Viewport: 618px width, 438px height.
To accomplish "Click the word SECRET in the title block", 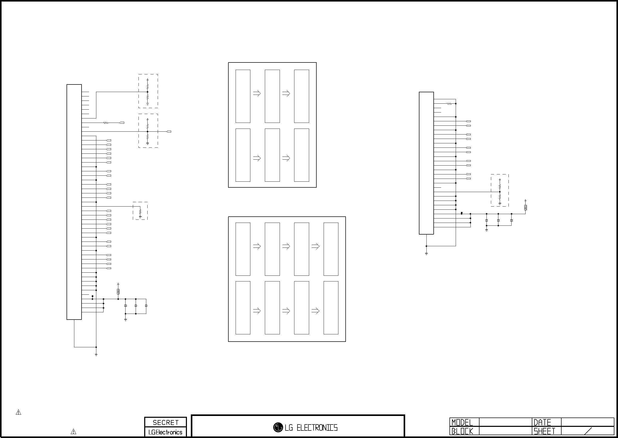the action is coord(165,422).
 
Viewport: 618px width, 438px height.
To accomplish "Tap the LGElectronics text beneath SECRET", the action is coord(165,432).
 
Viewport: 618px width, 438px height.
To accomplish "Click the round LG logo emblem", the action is coord(278,427).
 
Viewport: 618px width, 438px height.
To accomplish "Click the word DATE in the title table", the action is coord(542,422).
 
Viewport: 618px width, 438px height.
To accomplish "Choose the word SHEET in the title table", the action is coord(544,431).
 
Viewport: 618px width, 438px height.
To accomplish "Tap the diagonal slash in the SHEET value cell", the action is coord(588,431).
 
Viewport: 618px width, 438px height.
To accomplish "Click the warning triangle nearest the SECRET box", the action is coord(73,432).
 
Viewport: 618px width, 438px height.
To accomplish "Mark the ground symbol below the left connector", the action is coord(96,355).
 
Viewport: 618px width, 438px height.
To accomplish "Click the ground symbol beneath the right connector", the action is coord(426,253).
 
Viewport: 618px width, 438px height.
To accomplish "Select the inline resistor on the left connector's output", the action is coord(106,123).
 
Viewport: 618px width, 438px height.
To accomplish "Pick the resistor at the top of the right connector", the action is coord(449,104).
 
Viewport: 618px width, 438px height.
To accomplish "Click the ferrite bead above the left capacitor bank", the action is coord(118,292).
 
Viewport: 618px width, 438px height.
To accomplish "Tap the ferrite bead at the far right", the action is coord(525,207).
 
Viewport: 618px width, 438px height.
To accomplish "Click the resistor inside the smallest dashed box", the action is coord(140,212).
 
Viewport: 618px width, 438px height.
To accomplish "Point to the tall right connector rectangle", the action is coord(426,163).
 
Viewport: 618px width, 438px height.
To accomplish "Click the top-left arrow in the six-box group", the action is coord(257,94).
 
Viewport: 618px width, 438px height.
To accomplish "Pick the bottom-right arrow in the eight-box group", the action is coord(315,311).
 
